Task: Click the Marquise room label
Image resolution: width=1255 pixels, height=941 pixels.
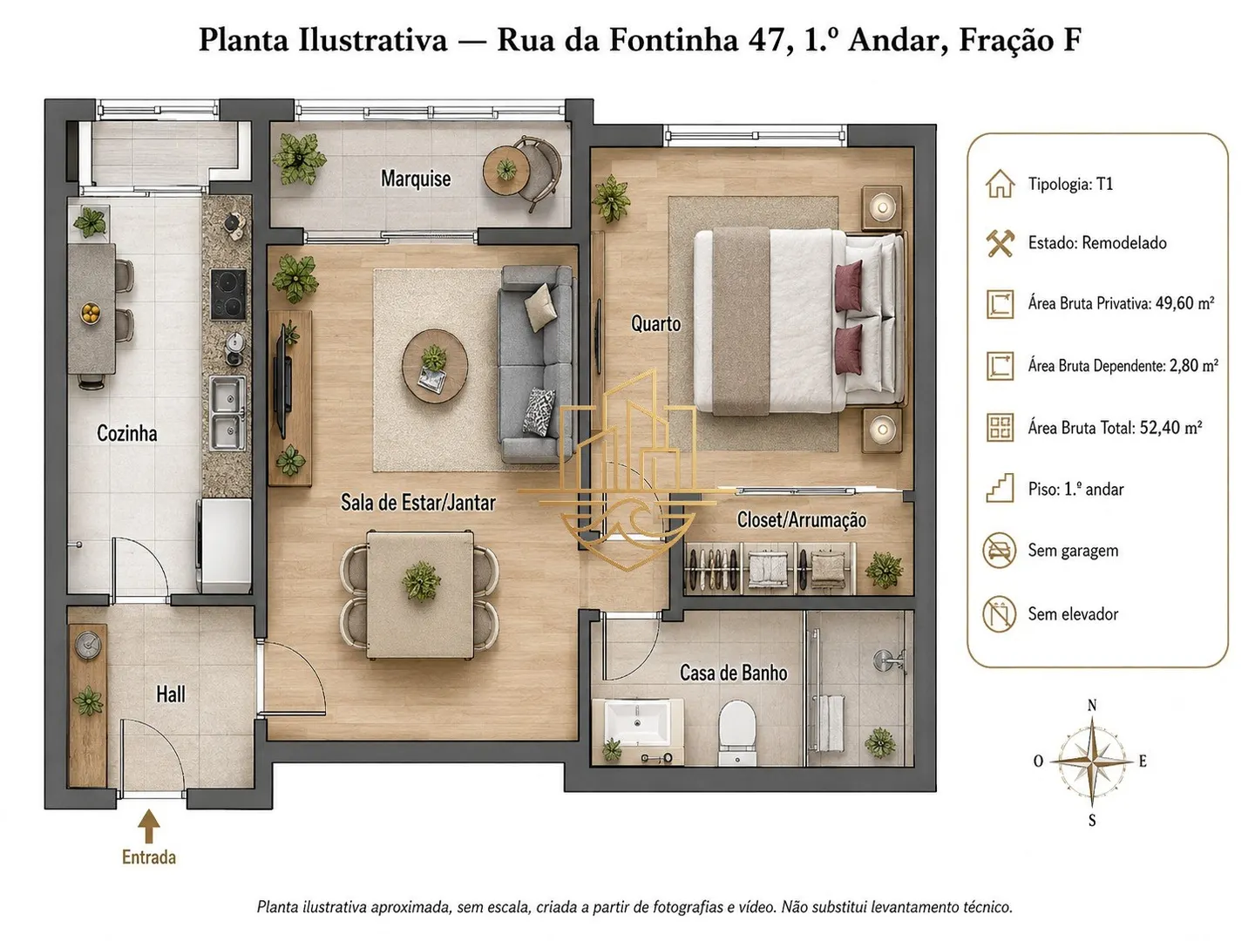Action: click(x=416, y=179)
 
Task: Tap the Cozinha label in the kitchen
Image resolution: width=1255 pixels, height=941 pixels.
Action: click(x=127, y=433)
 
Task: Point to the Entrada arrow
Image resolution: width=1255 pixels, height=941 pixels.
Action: click(x=149, y=826)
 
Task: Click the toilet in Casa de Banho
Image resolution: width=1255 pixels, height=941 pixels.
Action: click(x=737, y=733)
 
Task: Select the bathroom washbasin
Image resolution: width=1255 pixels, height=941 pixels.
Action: click(x=637, y=724)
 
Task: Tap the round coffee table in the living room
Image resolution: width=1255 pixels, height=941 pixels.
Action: click(x=435, y=366)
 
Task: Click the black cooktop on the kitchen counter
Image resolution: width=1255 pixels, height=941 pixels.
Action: click(x=228, y=294)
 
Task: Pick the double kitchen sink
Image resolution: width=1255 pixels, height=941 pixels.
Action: click(x=227, y=412)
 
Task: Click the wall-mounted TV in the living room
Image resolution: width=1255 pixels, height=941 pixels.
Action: click(x=282, y=387)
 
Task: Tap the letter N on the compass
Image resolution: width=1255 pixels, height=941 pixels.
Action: click(x=1091, y=706)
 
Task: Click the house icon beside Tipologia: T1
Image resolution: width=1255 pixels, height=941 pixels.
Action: click(x=1000, y=184)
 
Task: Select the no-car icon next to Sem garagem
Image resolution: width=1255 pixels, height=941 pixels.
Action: click(x=999, y=551)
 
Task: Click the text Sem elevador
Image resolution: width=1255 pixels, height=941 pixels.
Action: click(x=1073, y=614)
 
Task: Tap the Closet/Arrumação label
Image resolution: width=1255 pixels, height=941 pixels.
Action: click(x=801, y=520)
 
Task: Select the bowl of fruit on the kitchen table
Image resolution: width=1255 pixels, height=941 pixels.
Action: click(x=92, y=313)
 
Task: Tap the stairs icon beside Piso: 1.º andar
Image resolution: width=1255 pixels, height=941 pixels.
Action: click(x=1000, y=489)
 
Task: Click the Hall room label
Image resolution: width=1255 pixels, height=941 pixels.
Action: click(x=171, y=694)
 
